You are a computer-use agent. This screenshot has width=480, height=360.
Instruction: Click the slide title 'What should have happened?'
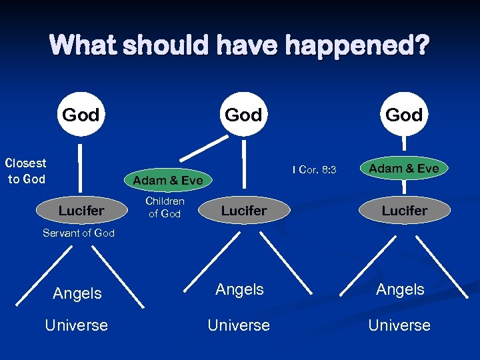click(x=240, y=46)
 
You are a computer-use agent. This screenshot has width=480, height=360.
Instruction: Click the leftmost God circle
click(x=81, y=115)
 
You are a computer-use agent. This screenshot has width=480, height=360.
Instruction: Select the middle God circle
click(x=243, y=115)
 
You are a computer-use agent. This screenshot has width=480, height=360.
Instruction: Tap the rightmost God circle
click(x=405, y=115)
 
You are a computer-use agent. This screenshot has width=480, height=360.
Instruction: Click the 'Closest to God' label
click(x=25, y=171)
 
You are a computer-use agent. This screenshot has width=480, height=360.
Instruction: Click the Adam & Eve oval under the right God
click(x=404, y=169)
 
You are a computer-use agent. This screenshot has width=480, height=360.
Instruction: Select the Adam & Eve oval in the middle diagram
click(x=168, y=180)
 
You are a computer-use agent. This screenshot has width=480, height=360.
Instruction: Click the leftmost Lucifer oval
click(x=81, y=211)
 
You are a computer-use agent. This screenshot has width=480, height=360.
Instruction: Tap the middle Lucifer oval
click(x=244, y=211)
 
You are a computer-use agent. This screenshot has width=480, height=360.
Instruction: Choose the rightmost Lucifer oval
click(x=405, y=211)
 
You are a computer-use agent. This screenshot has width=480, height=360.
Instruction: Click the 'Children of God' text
click(x=165, y=207)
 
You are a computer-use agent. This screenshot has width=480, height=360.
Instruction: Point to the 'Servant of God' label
click(x=79, y=233)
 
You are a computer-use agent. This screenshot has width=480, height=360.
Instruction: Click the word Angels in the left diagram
click(x=77, y=293)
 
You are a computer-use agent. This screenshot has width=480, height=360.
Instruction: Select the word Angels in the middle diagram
click(x=239, y=289)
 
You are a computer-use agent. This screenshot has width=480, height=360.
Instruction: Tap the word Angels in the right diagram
click(x=400, y=289)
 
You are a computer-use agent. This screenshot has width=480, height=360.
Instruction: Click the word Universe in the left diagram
click(x=76, y=325)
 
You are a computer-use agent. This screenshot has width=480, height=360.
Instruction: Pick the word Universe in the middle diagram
click(x=239, y=325)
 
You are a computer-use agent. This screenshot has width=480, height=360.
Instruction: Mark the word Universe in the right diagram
click(x=399, y=325)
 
